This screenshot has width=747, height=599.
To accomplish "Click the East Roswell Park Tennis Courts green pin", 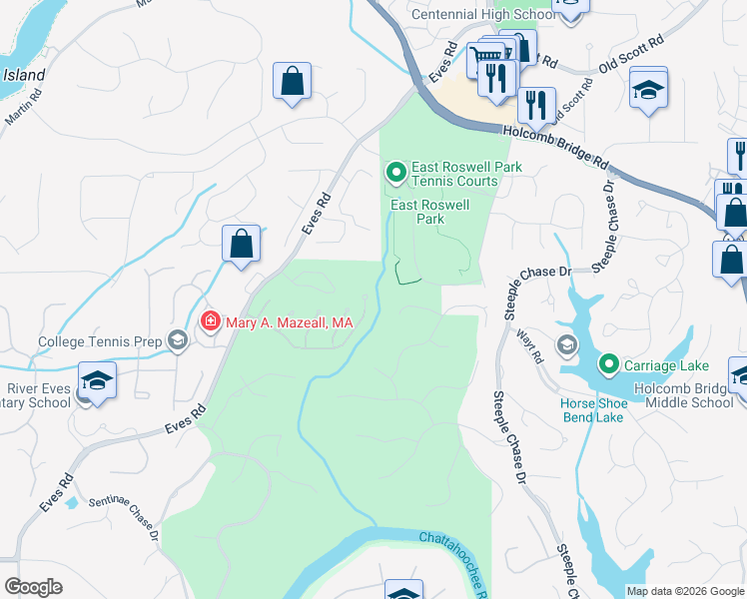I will pyautogui.click(x=396, y=174).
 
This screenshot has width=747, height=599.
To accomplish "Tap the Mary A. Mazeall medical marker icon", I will pyautogui.click(x=210, y=321).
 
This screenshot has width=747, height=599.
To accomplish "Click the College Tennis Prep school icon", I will pyautogui.click(x=177, y=341).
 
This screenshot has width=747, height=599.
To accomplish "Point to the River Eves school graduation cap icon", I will pyautogui.click(x=97, y=380).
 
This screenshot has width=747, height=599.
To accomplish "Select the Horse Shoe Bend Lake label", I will pyautogui.click(x=594, y=410).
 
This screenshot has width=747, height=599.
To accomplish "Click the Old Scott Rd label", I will pyautogui.click(x=630, y=56).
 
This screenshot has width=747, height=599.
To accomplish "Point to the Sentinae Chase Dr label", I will pyautogui.click(x=124, y=514).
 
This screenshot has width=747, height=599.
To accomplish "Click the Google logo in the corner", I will pyautogui.click(x=33, y=587).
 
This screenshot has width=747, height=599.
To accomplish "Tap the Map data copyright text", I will pyautogui.click(x=685, y=591).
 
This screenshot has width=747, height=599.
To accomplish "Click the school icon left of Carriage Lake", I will pyautogui.click(x=567, y=346).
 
